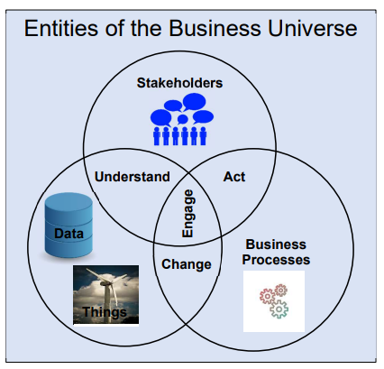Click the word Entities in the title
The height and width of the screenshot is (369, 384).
[x=61, y=29]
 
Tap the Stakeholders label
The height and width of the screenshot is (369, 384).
[x=179, y=83]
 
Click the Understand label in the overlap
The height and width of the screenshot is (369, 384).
[x=133, y=177]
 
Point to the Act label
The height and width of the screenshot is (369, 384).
[x=234, y=177]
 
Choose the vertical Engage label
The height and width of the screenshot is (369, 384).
[x=187, y=213]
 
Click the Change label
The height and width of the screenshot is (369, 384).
[x=187, y=264]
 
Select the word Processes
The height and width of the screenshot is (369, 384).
[x=276, y=260]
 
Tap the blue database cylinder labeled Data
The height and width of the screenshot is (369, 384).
[x=69, y=226]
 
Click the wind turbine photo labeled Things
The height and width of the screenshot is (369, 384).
[x=106, y=295]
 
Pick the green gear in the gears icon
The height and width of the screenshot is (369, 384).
[x=279, y=309]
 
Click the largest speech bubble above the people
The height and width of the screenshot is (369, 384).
[x=195, y=102]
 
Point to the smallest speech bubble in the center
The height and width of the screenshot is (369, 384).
[x=182, y=119]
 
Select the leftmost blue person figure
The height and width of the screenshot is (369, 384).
[x=157, y=136]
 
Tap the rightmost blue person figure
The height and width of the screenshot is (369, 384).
[x=203, y=136]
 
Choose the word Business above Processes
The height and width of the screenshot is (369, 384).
[x=276, y=244]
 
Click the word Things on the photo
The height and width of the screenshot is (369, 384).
[x=105, y=312]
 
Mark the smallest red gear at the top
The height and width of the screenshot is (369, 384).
[x=281, y=291]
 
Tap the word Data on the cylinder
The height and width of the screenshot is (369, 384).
[x=69, y=234]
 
